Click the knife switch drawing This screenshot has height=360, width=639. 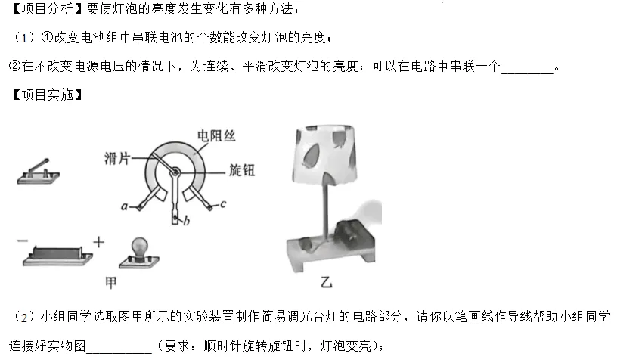pyautogui.click(x=39, y=172)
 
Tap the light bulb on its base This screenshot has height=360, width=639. pyautogui.click(x=139, y=253)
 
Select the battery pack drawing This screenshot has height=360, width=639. pyautogui.click(x=57, y=256)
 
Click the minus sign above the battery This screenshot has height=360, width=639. pyautogui.click(x=23, y=241)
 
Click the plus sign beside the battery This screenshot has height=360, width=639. pyautogui.click(x=98, y=242)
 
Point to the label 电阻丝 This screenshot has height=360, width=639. pyautogui.click(x=216, y=135)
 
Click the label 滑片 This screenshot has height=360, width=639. pyautogui.click(x=117, y=158)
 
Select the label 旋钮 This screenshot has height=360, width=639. pyautogui.click(x=242, y=170)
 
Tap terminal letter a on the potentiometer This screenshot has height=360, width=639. pyautogui.click(x=124, y=207)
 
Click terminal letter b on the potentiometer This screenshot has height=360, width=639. pyautogui.click(x=186, y=221)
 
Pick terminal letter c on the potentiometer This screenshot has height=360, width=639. pyautogui.click(x=223, y=204)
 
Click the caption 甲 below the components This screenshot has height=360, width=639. pyautogui.click(x=111, y=283)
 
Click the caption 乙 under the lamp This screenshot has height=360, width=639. pyautogui.click(x=327, y=281)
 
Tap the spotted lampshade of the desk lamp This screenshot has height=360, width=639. pyautogui.click(x=325, y=154)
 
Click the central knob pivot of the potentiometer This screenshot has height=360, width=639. pyautogui.click(x=175, y=172)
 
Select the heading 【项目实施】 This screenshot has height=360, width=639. pyautogui.click(x=47, y=95)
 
